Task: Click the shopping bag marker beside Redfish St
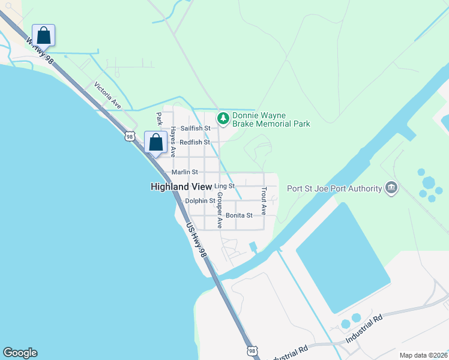click(x=155, y=143)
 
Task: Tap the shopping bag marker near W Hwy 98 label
click(x=43, y=34)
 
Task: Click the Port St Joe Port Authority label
click(x=335, y=188)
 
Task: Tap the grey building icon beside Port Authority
click(x=391, y=188)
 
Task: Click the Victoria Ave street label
click(x=107, y=95)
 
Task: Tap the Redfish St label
click(x=195, y=142)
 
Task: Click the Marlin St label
click(x=185, y=172)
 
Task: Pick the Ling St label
click(x=223, y=187)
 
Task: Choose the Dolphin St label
click(x=200, y=201)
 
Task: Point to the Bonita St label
click(x=239, y=215)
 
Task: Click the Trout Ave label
click(x=264, y=201)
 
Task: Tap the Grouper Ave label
click(x=220, y=210)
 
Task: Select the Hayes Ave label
click(x=173, y=137)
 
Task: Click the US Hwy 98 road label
click(x=197, y=241)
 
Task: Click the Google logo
click(x=20, y=353)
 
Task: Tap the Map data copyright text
click(x=423, y=355)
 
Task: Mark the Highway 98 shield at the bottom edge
click(x=252, y=350)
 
